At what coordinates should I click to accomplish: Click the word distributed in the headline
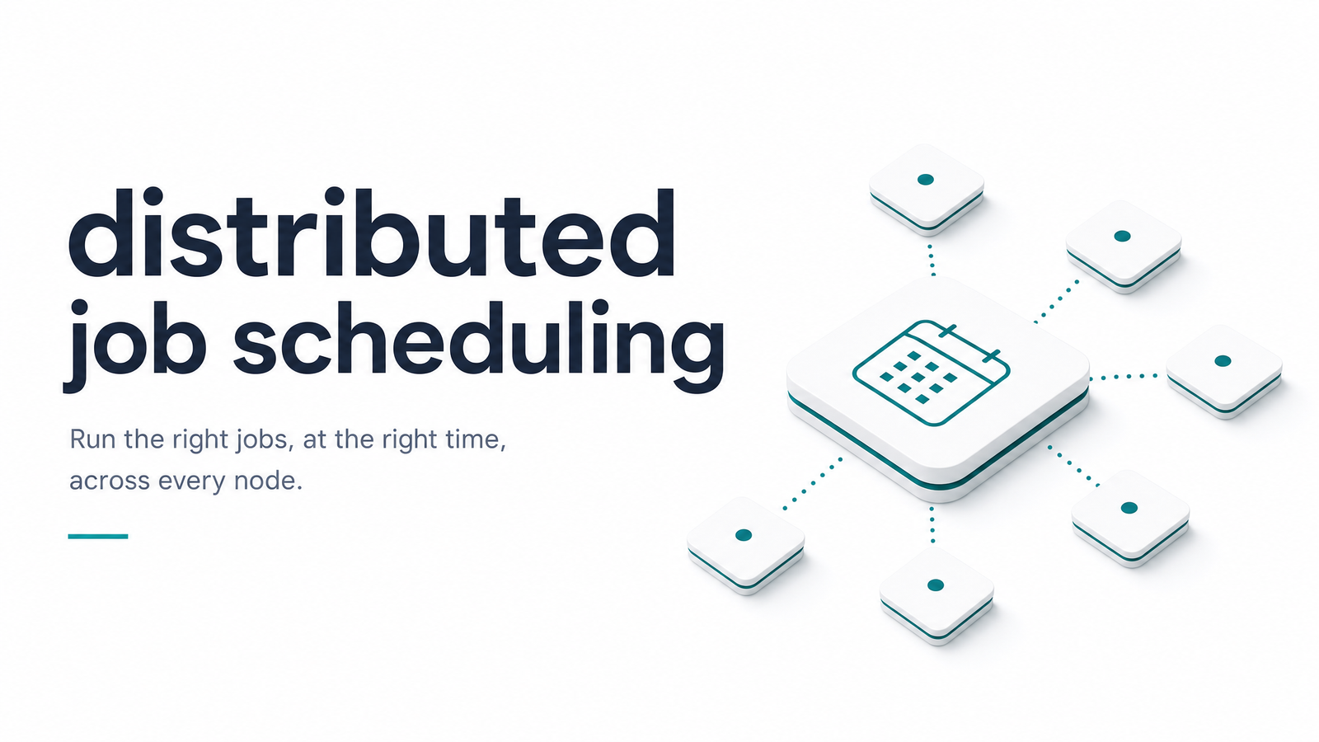(372, 232)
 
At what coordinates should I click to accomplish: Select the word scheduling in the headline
(479, 345)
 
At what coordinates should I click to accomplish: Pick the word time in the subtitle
(473, 439)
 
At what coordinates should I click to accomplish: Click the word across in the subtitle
(110, 481)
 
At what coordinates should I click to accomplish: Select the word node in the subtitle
(268, 481)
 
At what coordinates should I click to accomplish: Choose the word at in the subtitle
(314, 440)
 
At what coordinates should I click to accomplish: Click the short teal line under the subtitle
(98, 537)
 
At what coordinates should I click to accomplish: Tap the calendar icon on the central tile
(931, 373)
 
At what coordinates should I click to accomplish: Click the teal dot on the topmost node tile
(926, 180)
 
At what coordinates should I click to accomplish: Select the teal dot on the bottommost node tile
(936, 585)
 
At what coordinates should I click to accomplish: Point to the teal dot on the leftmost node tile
(744, 535)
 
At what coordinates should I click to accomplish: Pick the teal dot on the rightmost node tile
(1223, 361)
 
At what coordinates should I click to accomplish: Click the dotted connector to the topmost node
(932, 260)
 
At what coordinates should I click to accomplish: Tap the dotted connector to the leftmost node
(813, 483)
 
